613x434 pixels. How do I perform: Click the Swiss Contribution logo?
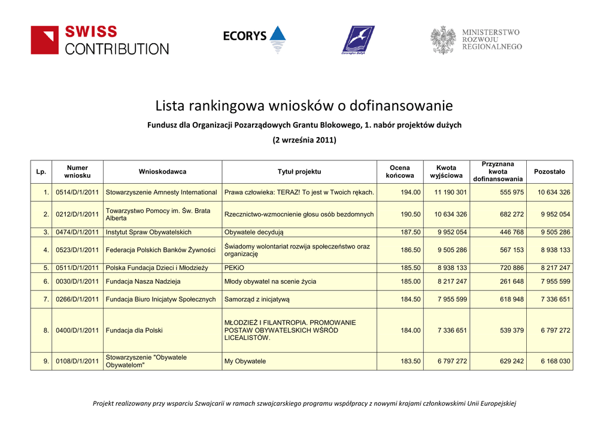99,40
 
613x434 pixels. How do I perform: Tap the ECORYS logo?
254,38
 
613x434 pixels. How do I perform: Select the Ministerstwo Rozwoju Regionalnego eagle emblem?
443,40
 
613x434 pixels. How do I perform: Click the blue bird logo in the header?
358,40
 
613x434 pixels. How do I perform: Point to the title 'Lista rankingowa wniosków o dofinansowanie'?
304,107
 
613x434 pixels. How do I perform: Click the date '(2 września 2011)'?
304,140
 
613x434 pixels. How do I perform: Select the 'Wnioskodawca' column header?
162,172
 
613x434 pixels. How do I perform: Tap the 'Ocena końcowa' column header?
399,172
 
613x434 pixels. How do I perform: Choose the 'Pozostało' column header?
549,172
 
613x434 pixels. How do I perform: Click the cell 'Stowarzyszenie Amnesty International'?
161,193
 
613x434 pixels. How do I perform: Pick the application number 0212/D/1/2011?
77,214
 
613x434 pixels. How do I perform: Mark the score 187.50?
411,232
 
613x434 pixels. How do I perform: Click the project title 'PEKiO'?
234,268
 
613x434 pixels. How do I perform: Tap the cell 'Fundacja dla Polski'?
134,330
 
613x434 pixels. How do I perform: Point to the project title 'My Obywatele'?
245,362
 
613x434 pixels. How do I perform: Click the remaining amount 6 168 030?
555,362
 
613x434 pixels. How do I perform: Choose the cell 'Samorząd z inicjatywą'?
257,299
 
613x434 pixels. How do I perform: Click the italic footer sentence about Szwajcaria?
304,403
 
